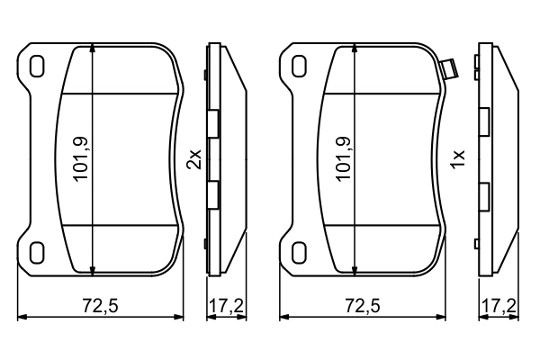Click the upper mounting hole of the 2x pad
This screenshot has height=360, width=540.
pos(37,67)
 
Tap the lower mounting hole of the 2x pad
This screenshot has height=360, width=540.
pos(37,252)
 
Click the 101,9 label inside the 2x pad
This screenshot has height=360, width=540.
pos(80,159)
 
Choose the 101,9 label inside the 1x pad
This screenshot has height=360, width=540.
pos(343,159)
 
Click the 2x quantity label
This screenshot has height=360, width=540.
pos(193,159)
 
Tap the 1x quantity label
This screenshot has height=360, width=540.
pos(458,159)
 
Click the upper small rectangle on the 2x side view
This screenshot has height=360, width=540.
pos(213,124)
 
